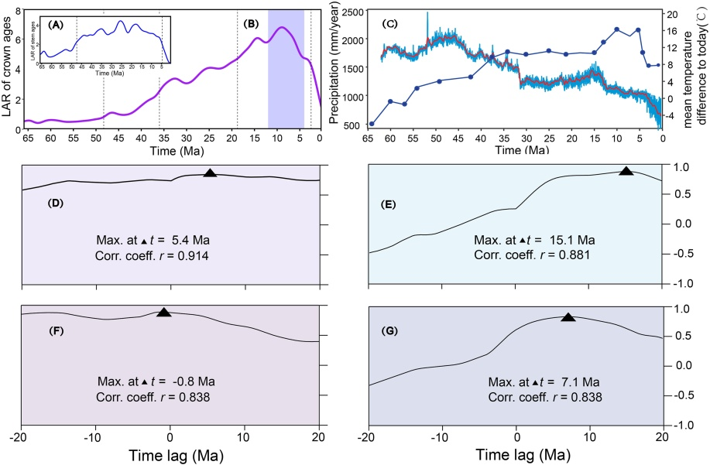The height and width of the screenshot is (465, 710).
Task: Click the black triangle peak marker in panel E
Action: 626,170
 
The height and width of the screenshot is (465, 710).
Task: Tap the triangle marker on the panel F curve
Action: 163,312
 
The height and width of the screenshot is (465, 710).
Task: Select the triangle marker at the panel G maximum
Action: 568,316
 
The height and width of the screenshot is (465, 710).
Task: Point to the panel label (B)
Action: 251,24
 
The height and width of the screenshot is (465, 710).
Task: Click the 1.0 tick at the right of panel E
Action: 682,166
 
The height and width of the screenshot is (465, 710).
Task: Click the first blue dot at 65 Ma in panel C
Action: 372,124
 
